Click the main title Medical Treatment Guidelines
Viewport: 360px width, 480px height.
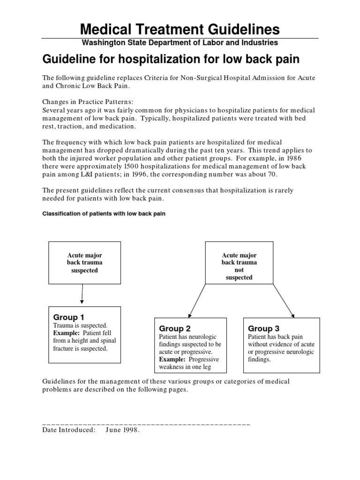(x=180, y=30)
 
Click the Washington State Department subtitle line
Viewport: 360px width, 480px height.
(x=180, y=43)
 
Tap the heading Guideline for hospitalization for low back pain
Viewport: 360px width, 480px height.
(x=172, y=60)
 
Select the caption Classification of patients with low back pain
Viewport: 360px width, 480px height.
(x=104, y=214)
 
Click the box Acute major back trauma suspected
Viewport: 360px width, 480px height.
(x=85, y=263)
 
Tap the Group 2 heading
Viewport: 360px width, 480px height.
(x=175, y=329)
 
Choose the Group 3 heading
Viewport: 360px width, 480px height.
(x=263, y=329)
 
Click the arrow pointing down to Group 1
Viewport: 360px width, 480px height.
(x=82, y=294)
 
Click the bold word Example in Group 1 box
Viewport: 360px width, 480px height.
(x=64, y=333)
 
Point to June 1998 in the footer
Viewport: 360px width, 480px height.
(x=123, y=430)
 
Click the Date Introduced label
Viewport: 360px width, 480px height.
(x=68, y=430)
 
